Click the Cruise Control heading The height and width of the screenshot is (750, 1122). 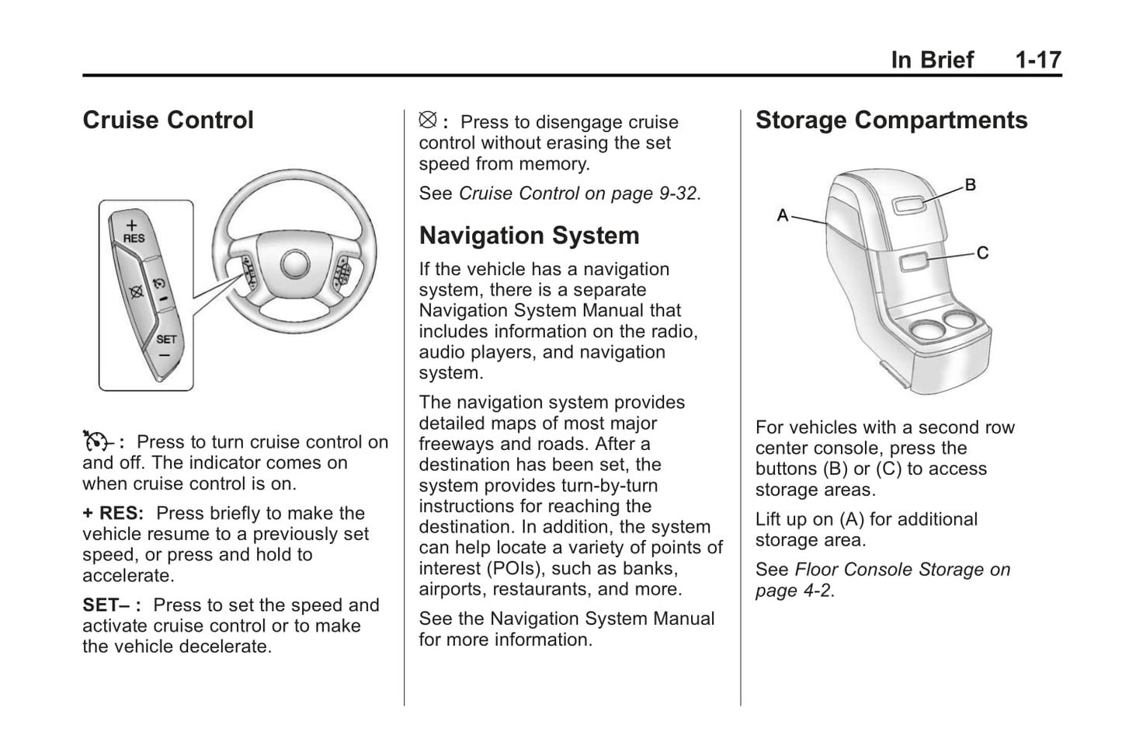(x=168, y=120)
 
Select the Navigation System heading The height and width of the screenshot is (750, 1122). (x=529, y=235)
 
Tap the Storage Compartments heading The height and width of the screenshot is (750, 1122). (x=891, y=120)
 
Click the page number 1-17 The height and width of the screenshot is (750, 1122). (x=1037, y=60)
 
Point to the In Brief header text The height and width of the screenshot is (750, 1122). (x=932, y=60)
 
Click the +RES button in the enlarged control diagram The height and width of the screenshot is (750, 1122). (x=133, y=232)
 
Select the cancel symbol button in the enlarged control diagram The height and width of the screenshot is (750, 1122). (x=137, y=292)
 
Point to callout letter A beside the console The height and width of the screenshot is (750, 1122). (x=783, y=215)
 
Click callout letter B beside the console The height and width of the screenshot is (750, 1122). (x=970, y=185)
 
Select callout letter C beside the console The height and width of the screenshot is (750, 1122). (x=982, y=253)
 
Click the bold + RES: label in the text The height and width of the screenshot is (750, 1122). (x=113, y=514)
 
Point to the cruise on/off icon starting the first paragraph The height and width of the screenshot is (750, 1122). (x=97, y=441)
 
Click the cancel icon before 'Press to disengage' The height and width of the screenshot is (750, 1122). (x=428, y=121)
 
